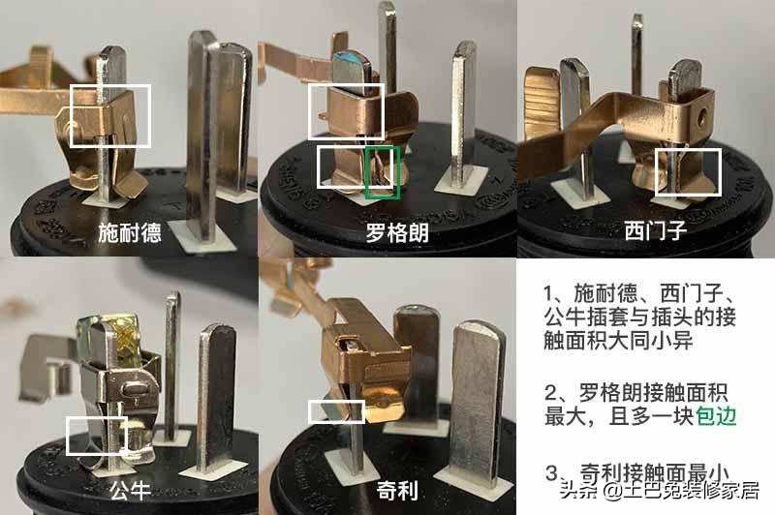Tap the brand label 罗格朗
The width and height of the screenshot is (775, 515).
pos(398,233)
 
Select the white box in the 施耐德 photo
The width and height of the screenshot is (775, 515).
pos(110,115)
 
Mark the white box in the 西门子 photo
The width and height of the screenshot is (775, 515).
pos(687,172)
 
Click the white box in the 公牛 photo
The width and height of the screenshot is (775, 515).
pos(96,435)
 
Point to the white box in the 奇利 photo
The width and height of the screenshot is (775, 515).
pos(335,410)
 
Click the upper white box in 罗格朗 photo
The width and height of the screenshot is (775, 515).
pos(346,111)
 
